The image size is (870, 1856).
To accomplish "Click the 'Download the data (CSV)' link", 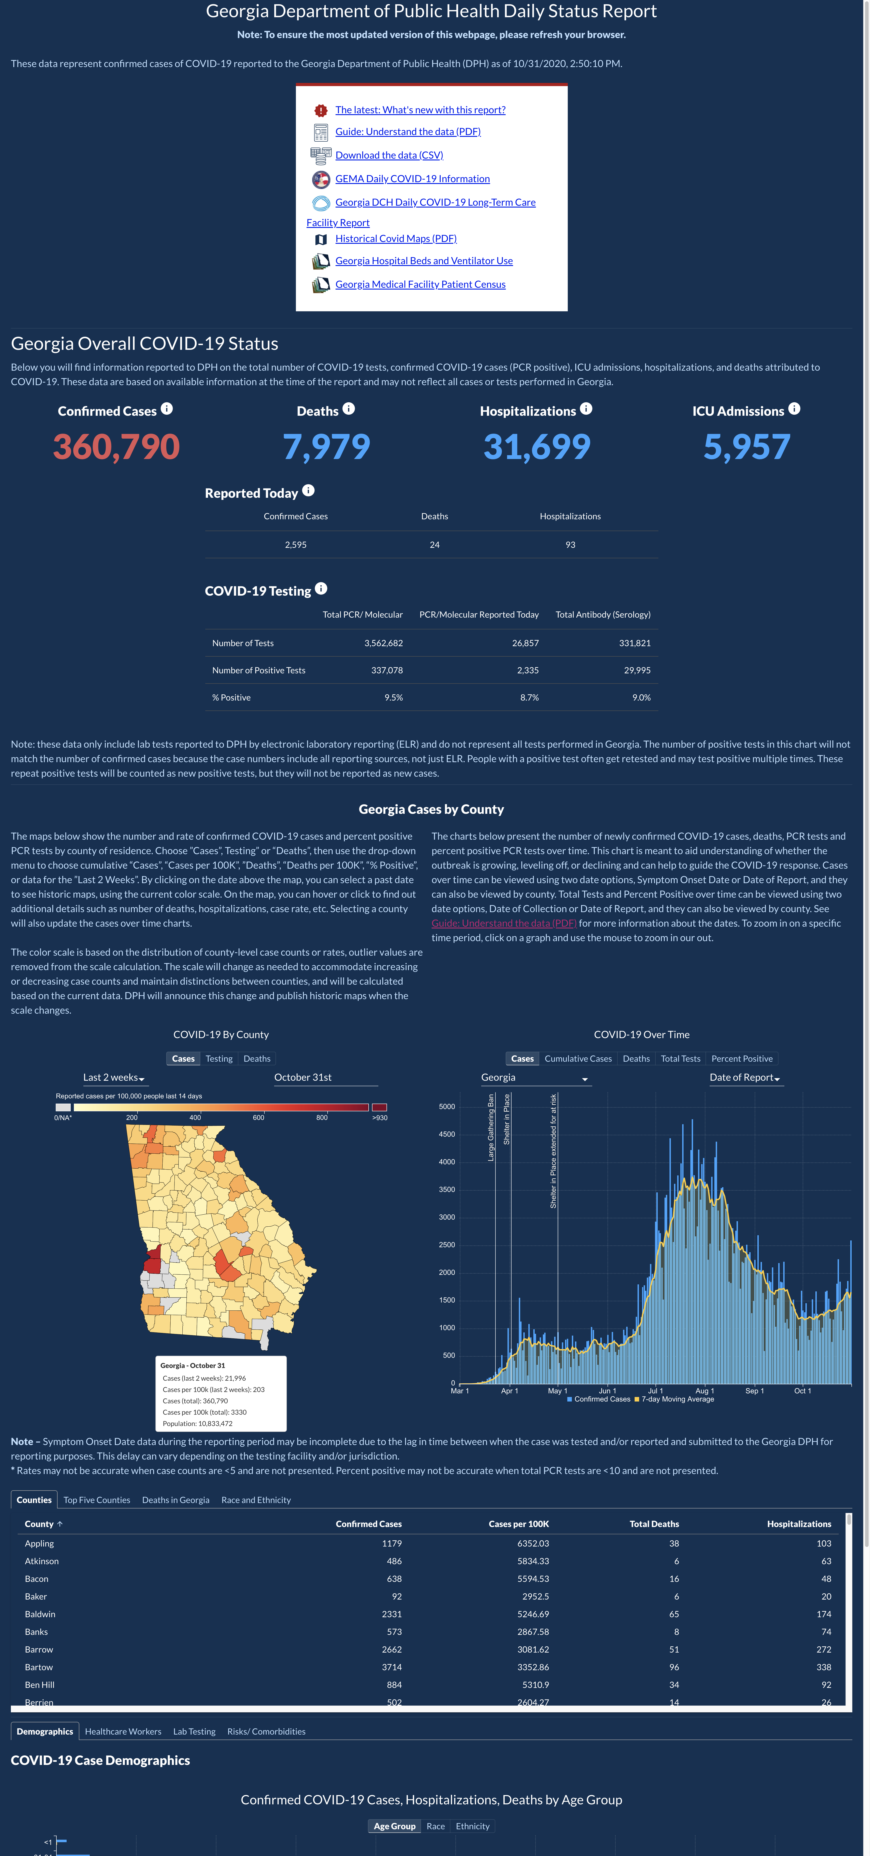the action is click(x=389, y=155).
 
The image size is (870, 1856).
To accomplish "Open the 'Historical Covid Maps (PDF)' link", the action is click(x=395, y=239).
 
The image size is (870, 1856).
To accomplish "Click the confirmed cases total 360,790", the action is click(x=116, y=447).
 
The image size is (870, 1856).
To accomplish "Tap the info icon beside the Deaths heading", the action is click(x=349, y=408).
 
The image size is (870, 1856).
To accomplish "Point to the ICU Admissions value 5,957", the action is click(x=747, y=447).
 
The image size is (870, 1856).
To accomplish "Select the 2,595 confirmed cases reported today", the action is click(x=295, y=545).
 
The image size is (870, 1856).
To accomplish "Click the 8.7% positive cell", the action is click(x=529, y=697).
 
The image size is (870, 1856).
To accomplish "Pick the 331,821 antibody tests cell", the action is click(x=635, y=643).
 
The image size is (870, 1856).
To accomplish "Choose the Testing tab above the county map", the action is click(x=219, y=1058).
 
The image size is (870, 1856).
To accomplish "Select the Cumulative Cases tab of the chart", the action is click(x=578, y=1058).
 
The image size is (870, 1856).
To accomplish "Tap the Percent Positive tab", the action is click(x=742, y=1058).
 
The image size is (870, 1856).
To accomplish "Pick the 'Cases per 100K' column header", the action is click(x=519, y=1524).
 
